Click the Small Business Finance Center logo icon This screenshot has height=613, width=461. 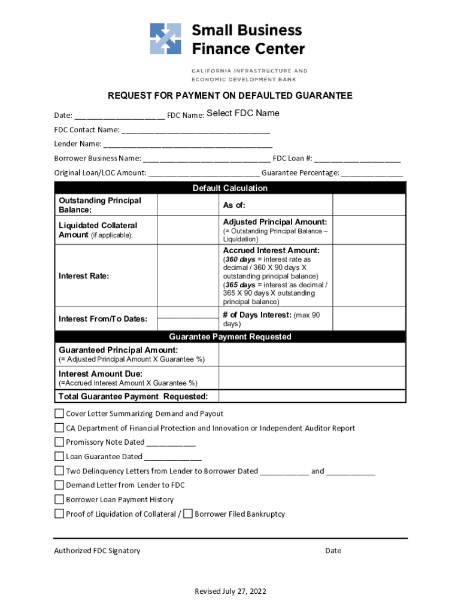click(x=165, y=39)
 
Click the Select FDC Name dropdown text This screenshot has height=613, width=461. click(x=242, y=114)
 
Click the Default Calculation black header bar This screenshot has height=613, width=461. click(x=230, y=188)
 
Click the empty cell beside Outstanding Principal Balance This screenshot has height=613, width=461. click(x=187, y=205)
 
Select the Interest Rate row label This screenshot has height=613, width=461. click(x=84, y=276)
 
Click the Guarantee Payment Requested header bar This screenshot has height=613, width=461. click(x=230, y=336)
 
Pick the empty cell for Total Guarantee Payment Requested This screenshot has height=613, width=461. click(x=312, y=396)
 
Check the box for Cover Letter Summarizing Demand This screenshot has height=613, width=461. click(x=59, y=414)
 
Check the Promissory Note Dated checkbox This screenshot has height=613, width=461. click(x=59, y=442)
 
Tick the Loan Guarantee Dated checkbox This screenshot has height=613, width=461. click(x=59, y=457)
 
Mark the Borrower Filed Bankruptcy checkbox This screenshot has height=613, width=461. click(x=188, y=514)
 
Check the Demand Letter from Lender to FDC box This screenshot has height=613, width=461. click(x=59, y=485)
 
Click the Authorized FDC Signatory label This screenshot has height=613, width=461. click(x=97, y=551)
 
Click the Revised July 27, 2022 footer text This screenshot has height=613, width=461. click(x=230, y=591)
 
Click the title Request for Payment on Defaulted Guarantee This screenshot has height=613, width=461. click(x=230, y=96)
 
